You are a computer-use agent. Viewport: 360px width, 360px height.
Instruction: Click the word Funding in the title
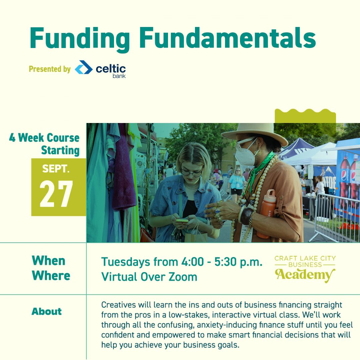(80, 39)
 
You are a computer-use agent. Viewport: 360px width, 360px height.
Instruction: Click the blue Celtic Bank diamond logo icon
(84, 67)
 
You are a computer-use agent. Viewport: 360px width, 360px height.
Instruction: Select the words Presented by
(50, 69)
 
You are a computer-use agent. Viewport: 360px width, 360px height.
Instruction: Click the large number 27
(56, 194)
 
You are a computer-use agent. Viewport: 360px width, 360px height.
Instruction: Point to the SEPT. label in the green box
(56, 169)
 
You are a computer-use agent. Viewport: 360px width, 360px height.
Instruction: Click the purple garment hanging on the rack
(124, 170)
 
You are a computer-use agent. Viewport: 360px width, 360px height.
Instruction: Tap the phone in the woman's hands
(182, 221)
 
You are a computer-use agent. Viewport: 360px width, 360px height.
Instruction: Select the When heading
(48, 261)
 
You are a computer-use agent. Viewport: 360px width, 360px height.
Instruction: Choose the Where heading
(51, 276)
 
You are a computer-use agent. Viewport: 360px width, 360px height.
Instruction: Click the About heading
(47, 311)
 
